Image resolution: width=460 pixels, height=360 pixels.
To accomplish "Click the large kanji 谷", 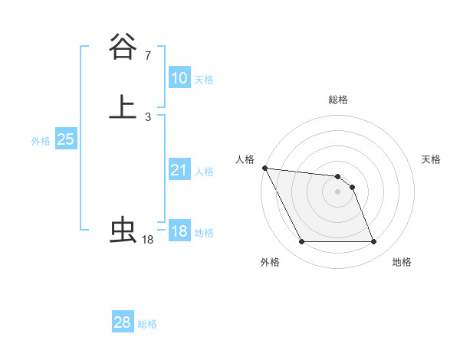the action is click(x=123, y=47).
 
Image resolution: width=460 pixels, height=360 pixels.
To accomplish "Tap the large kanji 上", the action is click(x=123, y=107).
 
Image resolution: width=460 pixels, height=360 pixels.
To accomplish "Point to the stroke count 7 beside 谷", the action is click(x=147, y=56).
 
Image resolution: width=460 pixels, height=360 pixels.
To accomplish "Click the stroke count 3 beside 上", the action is click(x=147, y=116).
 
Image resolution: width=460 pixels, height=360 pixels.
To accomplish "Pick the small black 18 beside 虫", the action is click(x=147, y=240).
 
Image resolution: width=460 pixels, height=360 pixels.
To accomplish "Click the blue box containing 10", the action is click(x=179, y=78).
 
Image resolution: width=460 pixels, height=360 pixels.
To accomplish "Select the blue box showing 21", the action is click(x=179, y=170).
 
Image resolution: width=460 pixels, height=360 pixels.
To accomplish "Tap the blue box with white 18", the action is click(x=179, y=231).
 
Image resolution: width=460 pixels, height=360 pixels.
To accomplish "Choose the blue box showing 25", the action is click(x=65, y=139).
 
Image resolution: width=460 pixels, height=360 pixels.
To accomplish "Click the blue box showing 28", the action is click(x=123, y=322).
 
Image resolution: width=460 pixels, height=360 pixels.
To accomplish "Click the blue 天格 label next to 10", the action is click(x=204, y=80).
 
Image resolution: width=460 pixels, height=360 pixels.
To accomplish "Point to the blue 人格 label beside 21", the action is click(x=204, y=172).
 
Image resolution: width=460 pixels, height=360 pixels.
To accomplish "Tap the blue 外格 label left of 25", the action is click(x=41, y=141).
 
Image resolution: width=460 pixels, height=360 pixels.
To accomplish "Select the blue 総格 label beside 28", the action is click(x=147, y=324).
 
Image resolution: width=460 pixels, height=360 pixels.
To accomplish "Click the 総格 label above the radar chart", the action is click(x=338, y=100).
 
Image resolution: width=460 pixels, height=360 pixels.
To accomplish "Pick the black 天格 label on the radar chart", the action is click(x=432, y=159).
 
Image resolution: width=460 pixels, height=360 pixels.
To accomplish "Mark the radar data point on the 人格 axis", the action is click(x=264, y=168).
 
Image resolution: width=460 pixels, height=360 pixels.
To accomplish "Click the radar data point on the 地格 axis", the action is click(x=374, y=242).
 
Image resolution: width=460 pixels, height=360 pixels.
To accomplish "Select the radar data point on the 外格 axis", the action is click(x=301, y=242).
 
